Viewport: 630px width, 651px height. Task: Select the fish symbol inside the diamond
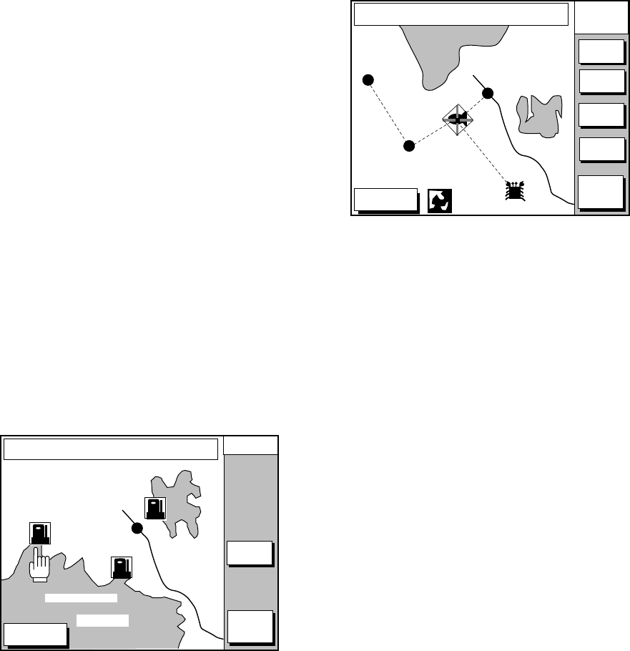pos(456,119)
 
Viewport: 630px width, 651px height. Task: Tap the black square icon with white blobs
pos(438,201)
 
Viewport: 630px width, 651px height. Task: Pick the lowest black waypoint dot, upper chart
pos(408,146)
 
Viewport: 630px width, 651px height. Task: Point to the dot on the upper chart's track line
pos(488,93)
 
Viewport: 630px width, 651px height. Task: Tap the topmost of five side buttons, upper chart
pos(600,52)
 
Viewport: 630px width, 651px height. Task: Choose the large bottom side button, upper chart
pos(599,192)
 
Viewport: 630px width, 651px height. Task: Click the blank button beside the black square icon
pos(385,200)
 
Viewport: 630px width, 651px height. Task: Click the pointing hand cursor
pos(39,564)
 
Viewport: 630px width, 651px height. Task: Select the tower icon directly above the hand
pos(39,534)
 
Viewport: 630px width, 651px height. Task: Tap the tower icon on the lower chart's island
pos(155,508)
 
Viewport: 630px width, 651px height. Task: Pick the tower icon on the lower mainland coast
pos(122,567)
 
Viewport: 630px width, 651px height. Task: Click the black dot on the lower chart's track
pos(137,528)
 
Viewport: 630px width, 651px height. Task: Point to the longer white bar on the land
pos(81,598)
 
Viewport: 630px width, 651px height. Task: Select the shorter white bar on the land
pos(102,620)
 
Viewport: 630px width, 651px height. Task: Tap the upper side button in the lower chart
pos(249,554)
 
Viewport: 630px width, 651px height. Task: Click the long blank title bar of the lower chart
pos(110,449)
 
